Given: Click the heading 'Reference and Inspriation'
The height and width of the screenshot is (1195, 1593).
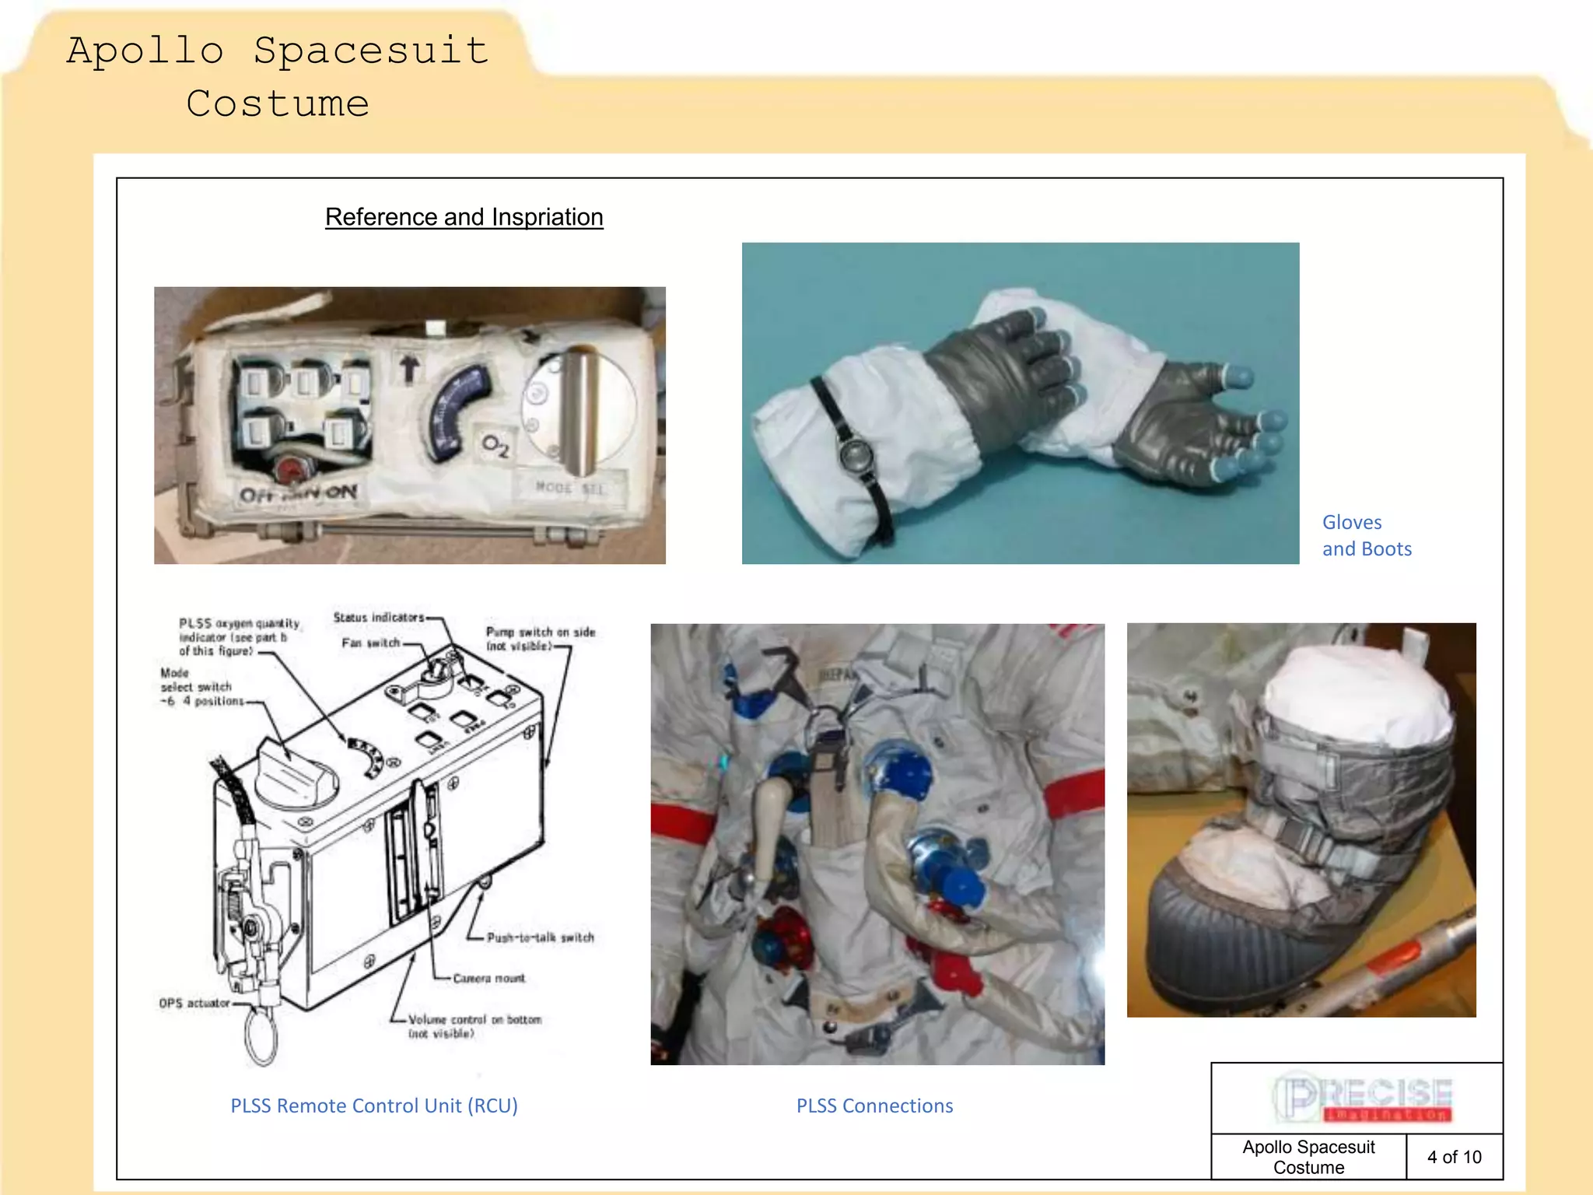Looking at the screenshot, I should click(x=464, y=217).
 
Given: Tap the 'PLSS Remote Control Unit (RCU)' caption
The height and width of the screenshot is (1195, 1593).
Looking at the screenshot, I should click(x=374, y=1106).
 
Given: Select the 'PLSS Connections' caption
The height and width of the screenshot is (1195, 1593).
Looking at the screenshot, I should click(x=874, y=1106).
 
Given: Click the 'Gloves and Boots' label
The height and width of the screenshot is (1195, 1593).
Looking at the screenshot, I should click(x=1367, y=536).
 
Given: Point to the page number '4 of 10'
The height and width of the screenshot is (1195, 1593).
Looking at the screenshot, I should click(x=1454, y=1157).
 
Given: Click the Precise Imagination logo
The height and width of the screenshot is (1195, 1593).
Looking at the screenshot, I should click(x=1362, y=1098).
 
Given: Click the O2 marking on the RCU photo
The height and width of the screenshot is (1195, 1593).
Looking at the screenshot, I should click(x=495, y=446).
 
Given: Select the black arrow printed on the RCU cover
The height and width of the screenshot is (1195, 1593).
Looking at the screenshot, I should click(x=409, y=367).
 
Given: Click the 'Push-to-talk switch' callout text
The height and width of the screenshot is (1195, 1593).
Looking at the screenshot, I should click(x=540, y=937).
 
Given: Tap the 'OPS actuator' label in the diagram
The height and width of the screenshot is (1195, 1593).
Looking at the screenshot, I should click(x=194, y=1003).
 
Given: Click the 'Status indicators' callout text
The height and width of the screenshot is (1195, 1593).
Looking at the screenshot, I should click(x=379, y=617).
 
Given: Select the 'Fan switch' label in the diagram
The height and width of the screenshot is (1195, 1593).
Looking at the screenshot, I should click(x=370, y=643).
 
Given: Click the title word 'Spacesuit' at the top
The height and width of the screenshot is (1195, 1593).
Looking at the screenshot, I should click(x=371, y=51).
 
